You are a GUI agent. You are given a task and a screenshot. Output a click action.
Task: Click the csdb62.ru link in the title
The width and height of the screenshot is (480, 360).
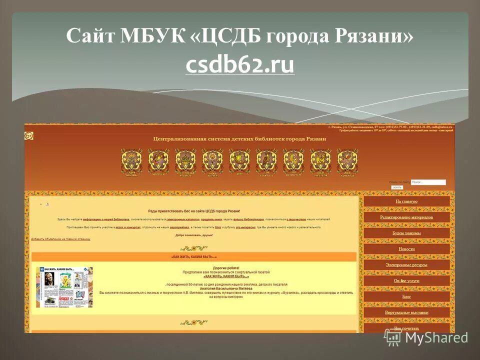click(x=239, y=65)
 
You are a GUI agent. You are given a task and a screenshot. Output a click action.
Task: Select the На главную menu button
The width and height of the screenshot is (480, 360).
click(x=406, y=201)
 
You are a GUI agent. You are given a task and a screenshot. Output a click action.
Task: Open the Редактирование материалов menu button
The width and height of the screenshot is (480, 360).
click(x=406, y=217)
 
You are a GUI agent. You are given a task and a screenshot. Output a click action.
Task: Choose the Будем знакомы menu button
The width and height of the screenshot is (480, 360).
click(x=406, y=233)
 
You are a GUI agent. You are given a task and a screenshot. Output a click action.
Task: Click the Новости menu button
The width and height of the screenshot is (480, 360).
click(x=406, y=249)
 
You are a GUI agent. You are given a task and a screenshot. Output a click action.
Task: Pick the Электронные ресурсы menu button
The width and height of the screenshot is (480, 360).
click(x=406, y=265)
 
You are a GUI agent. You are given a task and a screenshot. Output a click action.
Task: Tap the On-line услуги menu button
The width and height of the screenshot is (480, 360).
click(x=406, y=281)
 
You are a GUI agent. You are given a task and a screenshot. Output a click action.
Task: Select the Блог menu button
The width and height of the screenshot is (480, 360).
click(x=406, y=296)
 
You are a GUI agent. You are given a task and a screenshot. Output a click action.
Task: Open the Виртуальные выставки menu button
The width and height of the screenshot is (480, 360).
click(x=406, y=312)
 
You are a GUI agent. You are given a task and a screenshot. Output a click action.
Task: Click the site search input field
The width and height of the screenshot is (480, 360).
click(x=428, y=182)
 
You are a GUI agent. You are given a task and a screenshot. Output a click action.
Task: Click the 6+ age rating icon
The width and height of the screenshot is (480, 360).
click(x=29, y=136)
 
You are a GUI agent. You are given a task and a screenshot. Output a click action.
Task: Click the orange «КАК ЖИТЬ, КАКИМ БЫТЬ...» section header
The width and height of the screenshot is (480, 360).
click(x=194, y=257)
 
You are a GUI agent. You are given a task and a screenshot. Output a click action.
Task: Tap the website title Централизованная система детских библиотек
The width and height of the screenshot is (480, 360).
click(x=239, y=138)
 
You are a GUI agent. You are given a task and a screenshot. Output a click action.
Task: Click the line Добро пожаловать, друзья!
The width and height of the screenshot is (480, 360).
click(x=194, y=235)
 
